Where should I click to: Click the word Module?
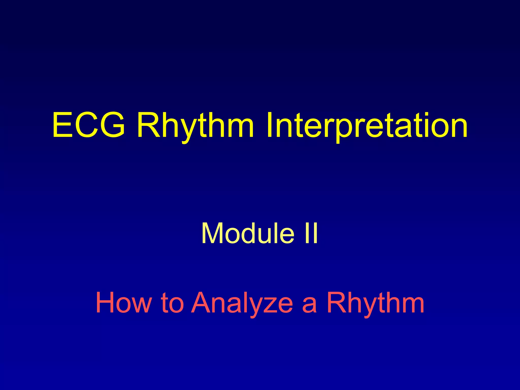click(248, 233)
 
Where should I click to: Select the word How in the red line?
click(123, 303)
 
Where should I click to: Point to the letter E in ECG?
click(62, 126)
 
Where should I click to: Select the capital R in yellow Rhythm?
click(148, 126)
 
